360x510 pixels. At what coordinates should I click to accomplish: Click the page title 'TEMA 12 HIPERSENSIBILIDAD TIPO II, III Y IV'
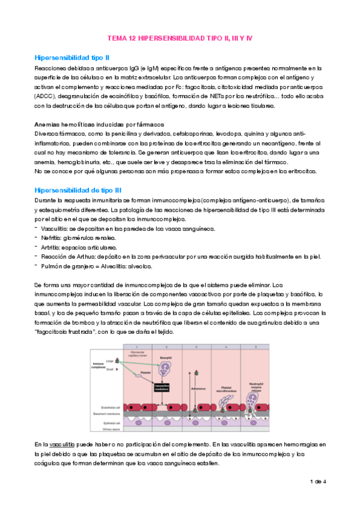coord(180,38)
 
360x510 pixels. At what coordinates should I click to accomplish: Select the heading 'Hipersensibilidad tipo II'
coord(72,57)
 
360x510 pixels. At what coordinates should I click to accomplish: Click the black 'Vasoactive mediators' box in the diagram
coord(165,389)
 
